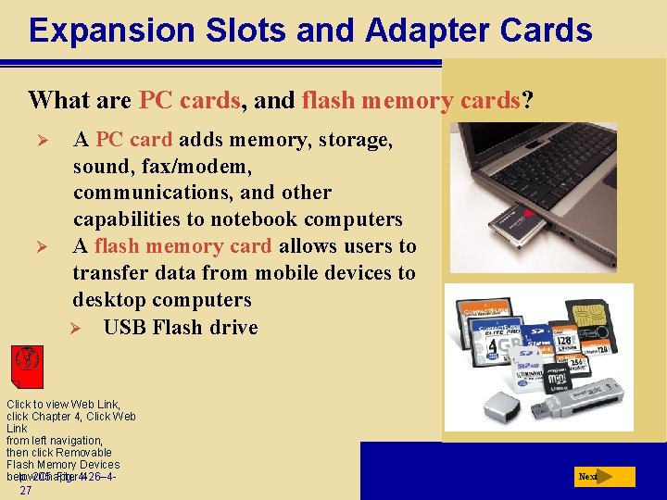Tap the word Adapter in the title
pos(420,31)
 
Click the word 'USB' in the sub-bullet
pos(125,328)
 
